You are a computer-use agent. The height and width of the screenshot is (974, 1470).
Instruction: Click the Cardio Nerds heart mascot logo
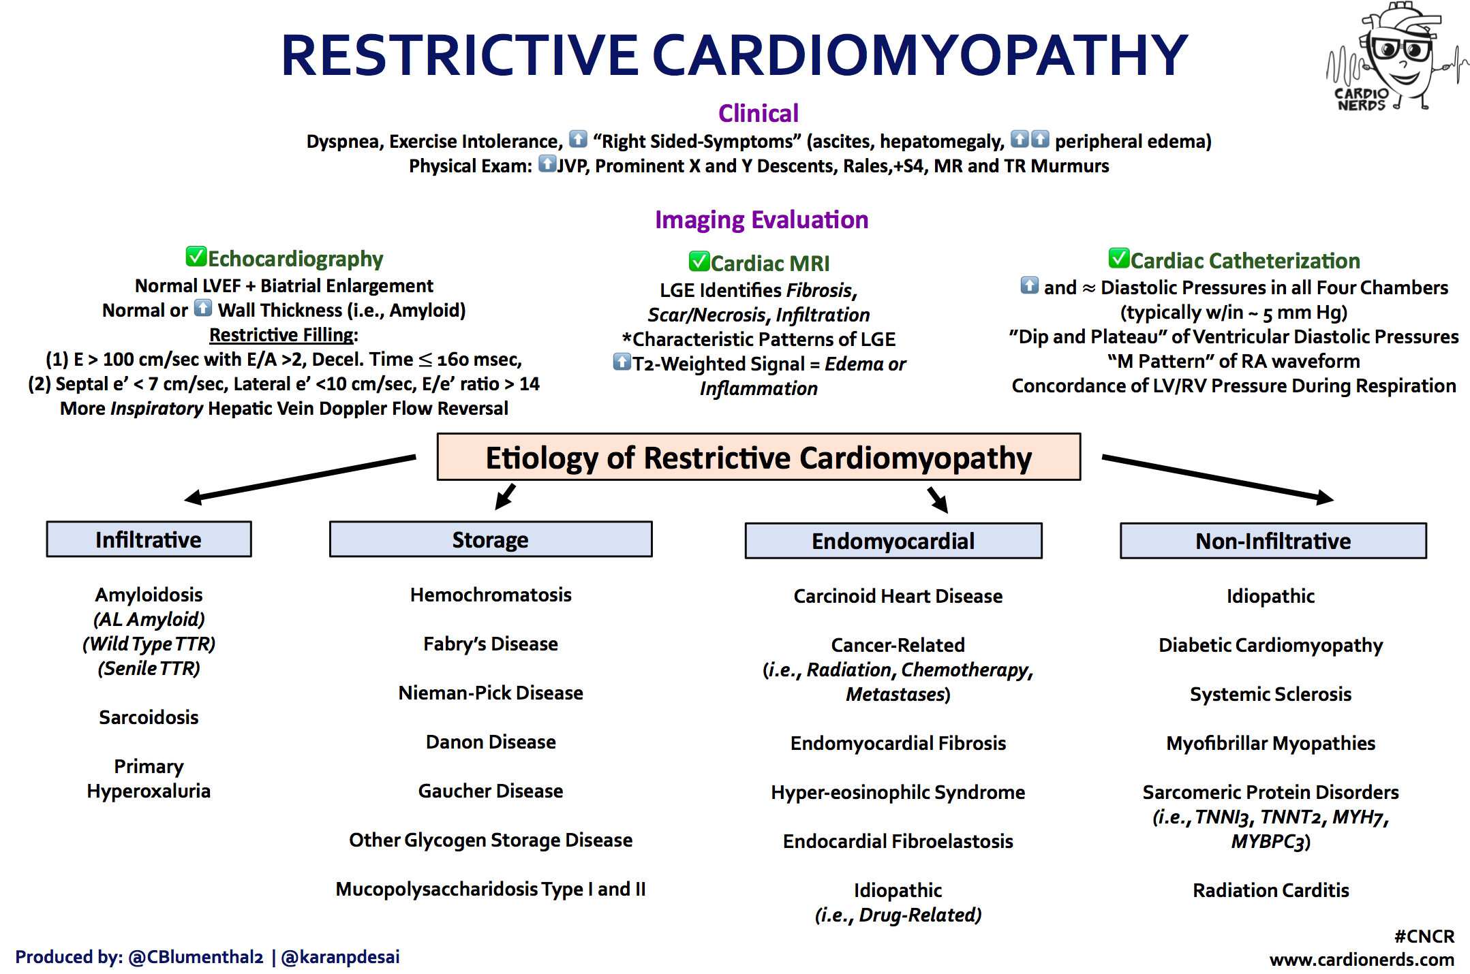pos(1397,57)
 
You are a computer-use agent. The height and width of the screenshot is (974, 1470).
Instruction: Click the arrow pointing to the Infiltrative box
pos(300,478)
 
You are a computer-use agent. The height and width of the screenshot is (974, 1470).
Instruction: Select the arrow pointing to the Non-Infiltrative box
pos(1218,478)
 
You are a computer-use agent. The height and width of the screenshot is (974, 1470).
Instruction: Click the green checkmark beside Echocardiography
pos(196,256)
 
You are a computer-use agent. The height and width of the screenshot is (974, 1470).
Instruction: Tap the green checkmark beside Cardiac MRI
pos(699,261)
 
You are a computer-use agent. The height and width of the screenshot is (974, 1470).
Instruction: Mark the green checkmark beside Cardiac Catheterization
pos(1119,258)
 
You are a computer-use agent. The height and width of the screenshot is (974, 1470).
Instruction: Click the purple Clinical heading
pos(759,113)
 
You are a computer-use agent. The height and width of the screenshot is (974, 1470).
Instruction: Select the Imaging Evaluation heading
pos(761,220)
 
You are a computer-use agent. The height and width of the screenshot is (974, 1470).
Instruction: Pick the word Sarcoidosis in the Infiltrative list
pos(149,717)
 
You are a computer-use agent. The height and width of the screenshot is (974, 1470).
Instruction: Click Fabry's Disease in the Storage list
pos(491,644)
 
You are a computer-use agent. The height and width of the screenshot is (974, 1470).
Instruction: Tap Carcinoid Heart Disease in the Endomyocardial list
pos(898,596)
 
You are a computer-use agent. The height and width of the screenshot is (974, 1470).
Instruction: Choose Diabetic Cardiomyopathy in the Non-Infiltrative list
pos(1271,645)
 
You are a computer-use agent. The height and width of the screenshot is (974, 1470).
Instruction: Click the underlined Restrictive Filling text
pos(282,334)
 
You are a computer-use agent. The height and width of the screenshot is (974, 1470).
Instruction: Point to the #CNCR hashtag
pos(1424,936)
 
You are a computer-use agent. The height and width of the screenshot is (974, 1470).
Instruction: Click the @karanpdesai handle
pos(340,957)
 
